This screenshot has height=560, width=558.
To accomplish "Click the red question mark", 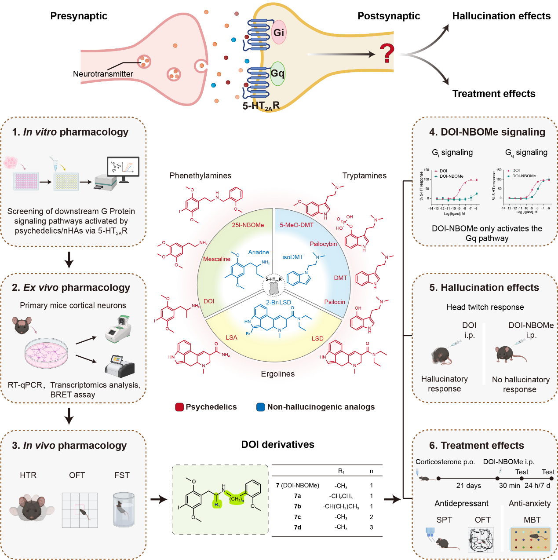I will (x=387, y=53).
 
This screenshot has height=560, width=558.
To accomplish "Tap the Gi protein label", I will (x=279, y=33).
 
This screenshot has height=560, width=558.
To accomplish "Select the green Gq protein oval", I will (x=277, y=73).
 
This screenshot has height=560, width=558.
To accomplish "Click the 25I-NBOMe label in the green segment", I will (x=248, y=225).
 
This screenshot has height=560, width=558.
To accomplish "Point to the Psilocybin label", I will (x=323, y=244).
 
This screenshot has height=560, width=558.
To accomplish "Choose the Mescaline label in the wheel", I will (x=217, y=259).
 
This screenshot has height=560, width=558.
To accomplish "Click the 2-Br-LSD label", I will (x=278, y=302).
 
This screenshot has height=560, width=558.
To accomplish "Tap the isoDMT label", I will (x=293, y=257).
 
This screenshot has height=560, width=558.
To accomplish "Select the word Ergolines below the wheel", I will (x=278, y=374).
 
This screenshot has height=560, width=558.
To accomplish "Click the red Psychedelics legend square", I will (x=179, y=407).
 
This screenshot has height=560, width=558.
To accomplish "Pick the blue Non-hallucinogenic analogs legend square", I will (x=261, y=407).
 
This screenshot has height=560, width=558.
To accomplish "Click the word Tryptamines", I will (x=365, y=176).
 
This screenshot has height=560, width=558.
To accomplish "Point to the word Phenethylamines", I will (x=200, y=176).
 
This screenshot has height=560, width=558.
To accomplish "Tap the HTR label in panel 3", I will (x=28, y=475).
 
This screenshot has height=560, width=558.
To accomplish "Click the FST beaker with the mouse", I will (x=123, y=509).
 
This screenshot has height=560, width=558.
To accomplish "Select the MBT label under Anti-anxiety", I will (x=532, y=520).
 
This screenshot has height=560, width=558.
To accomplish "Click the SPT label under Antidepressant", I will (x=444, y=520).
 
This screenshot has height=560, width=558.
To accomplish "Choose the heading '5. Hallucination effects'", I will (x=484, y=288).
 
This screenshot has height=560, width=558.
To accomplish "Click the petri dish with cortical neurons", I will (x=47, y=353).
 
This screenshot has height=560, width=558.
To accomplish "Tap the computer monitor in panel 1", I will (x=123, y=168).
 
